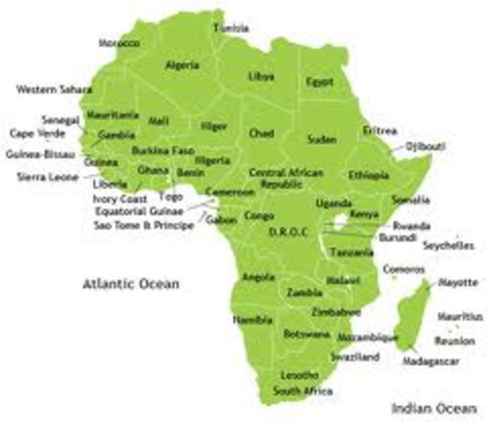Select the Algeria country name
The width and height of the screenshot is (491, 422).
(182, 65)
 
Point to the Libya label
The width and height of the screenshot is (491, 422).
(261, 76)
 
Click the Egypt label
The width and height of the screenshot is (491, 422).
(319, 82)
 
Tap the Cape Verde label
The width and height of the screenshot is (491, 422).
(30, 134)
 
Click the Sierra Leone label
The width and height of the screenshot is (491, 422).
(48, 177)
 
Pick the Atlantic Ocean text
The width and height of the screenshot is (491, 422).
(130, 284)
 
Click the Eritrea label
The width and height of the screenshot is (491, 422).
(379, 130)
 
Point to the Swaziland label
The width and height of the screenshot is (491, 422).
(355, 357)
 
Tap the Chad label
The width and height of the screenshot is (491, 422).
(261, 133)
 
